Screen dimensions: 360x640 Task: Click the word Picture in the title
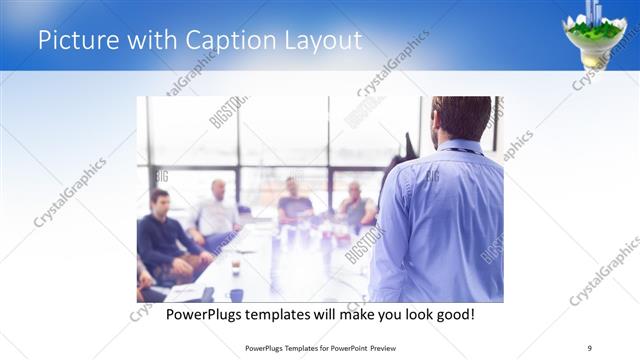(x=75, y=41)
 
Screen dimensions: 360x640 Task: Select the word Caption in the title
(x=219, y=41)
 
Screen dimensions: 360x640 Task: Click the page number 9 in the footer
(x=590, y=347)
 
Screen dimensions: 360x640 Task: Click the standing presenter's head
(x=462, y=116)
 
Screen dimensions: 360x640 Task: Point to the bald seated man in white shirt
(x=217, y=210)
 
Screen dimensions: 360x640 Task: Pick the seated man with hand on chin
(x=356, y=204)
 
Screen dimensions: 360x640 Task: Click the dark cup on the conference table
(x=235, y=268)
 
